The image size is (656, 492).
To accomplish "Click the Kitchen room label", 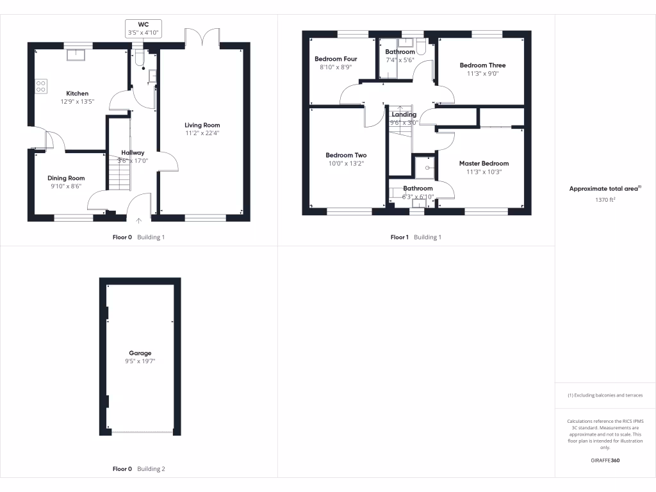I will (78, 94).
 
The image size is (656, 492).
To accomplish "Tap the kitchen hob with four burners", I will (41, 86).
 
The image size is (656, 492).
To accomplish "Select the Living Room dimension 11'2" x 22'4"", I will (202, 133).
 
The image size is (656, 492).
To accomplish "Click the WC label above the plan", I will (143, 24).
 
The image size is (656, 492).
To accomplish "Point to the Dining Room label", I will (66, 178).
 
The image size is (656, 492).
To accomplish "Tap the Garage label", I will (140, 353).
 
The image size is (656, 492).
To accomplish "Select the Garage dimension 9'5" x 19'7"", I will (140, 361).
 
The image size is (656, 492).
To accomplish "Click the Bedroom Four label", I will (336, 59).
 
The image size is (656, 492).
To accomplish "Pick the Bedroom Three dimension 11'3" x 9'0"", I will (482, 73).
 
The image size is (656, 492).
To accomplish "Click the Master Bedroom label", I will (484, 163).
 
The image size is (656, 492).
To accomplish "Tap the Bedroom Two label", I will (346, 155).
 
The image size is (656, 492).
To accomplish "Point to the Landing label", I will (404, 115).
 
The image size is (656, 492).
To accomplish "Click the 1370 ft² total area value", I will (605, 200).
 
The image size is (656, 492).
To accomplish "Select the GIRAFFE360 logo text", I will (605, 461).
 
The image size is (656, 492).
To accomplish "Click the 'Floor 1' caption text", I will (400, 237).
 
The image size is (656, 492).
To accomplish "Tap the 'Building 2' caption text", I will (151, 469).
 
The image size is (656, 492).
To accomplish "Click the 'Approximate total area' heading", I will (603, 189).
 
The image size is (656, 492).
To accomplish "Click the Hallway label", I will (133, 152).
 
